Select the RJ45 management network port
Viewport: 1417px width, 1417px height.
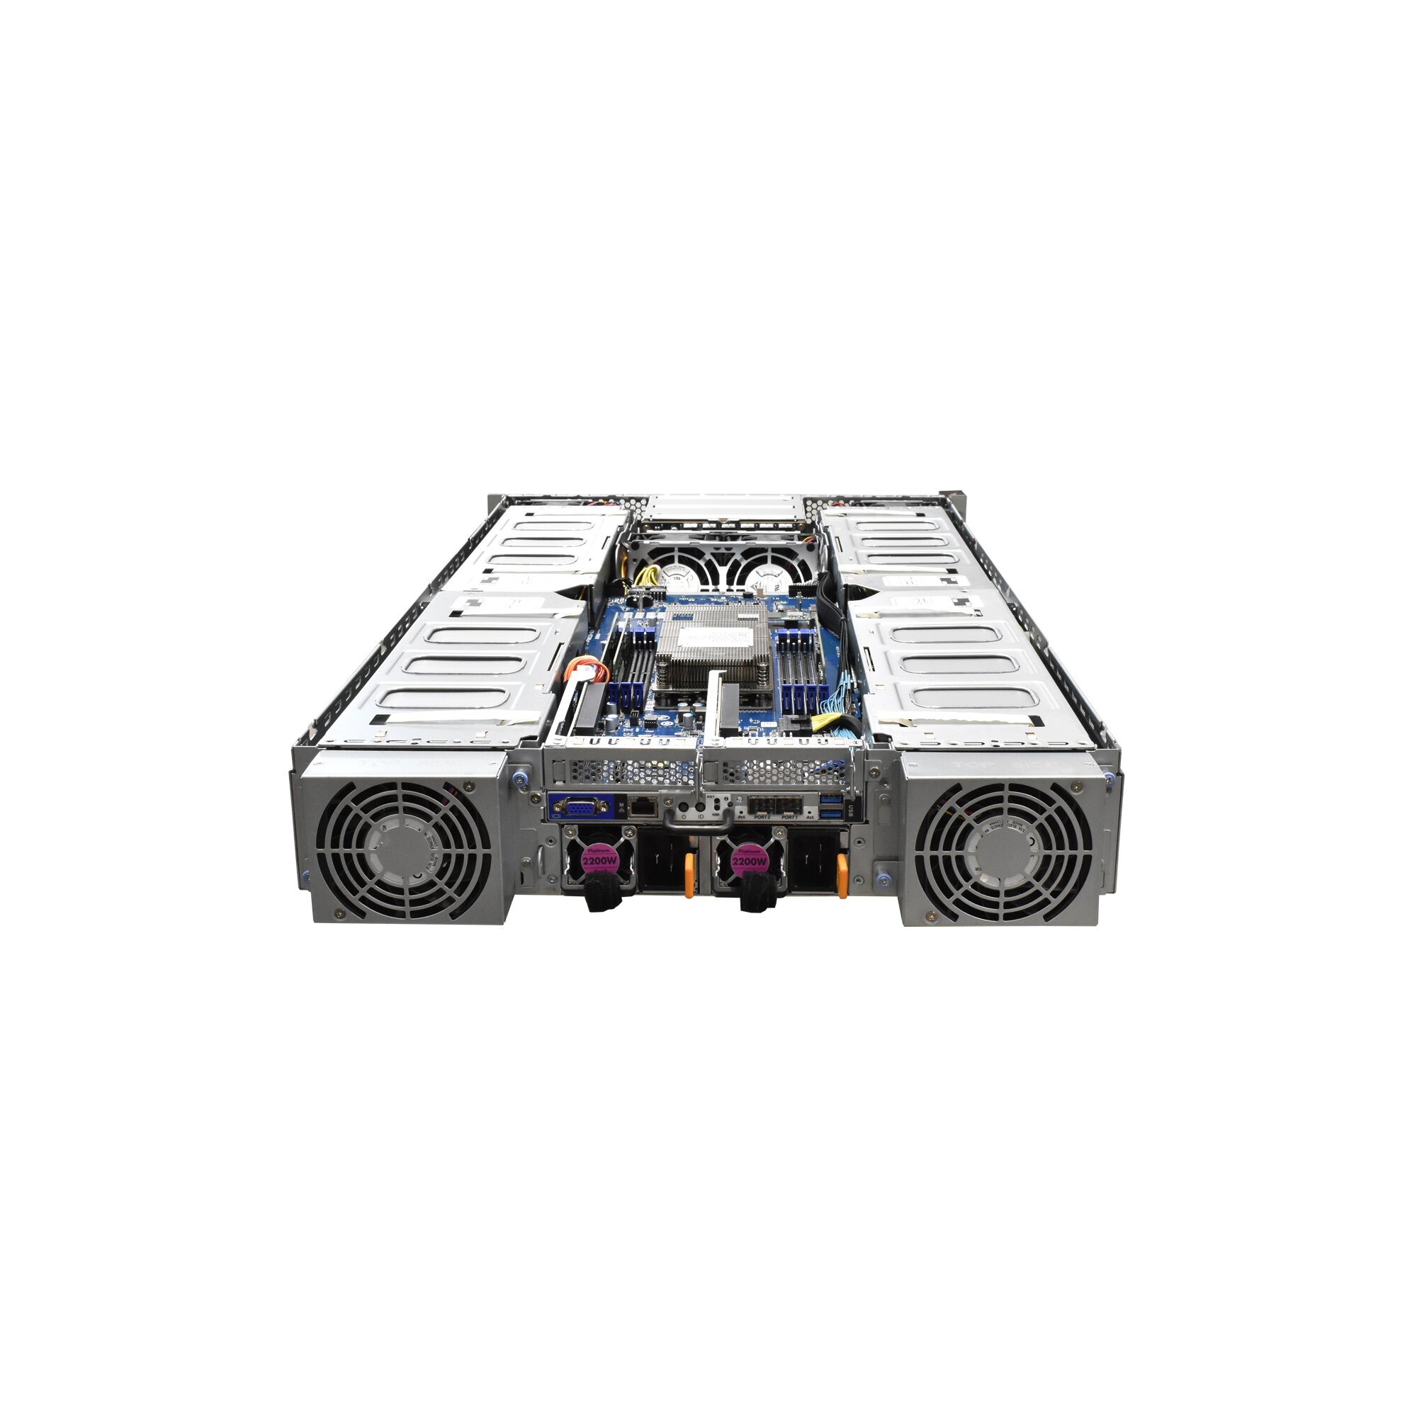[643, 807]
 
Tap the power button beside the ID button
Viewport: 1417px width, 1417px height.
[683, 807]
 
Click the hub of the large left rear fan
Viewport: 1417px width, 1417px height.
[404, 851]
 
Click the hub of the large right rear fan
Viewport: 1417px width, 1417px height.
[1003, 851]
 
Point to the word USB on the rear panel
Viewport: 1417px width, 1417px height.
[849, 811]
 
